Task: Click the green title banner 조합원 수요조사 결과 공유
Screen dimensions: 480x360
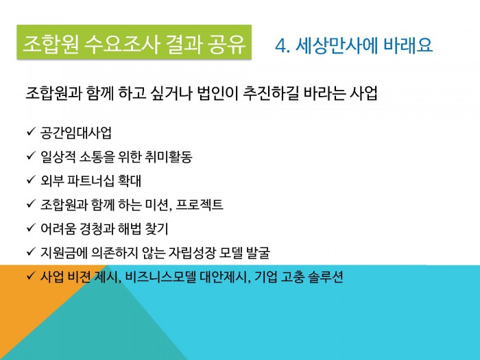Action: pos(134,43)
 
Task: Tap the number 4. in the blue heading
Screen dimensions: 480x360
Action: pos(283,46)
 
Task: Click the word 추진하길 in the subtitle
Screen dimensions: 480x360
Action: pos(271,93)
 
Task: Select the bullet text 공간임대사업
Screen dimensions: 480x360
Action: pos(75,133)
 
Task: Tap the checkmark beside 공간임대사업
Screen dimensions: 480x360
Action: pos(32,132)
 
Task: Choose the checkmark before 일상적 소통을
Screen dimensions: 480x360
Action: pos(32,156)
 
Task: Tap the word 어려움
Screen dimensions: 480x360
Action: pos(58,228)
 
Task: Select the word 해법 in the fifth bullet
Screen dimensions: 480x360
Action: pos(130,228)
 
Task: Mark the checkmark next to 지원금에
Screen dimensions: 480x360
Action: pos(32,252)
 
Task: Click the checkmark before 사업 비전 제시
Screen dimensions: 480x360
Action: pos(32,276)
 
